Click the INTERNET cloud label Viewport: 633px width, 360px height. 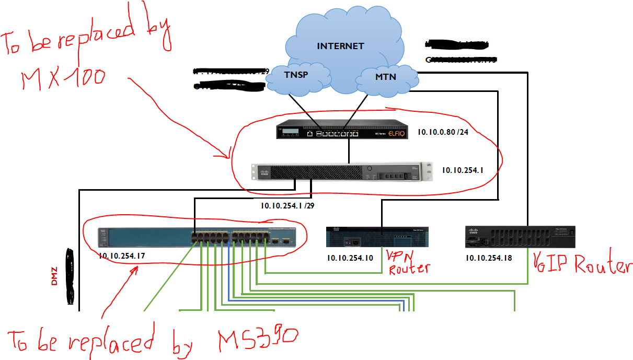pyautogui.click(x=340, y=46)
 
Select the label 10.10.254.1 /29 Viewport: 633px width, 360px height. pyautogui.click(x=287, y=206)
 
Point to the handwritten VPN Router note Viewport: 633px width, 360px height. pyautogui.click(x=408, y=262)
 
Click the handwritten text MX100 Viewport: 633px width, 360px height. pyautogui.click(x=63, y=78)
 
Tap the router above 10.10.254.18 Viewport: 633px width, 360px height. pyautogui.click(x=521, y=237)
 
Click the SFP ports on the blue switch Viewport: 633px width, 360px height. pyautogui.click(x=280, y=242)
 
